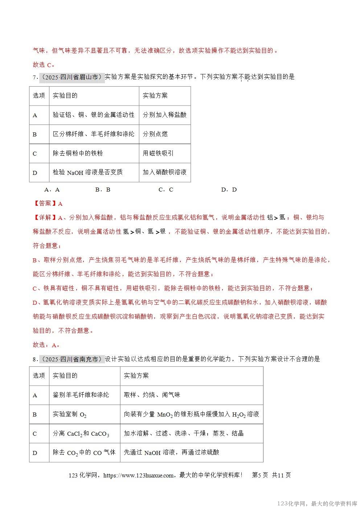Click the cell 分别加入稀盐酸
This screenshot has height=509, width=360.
coord(164,115)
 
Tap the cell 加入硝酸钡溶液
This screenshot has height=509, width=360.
coord(164,172)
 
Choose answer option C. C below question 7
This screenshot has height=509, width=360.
coord(166,189)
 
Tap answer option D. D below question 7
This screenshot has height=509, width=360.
coord(229,189)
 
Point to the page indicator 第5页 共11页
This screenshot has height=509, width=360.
coord(271,475)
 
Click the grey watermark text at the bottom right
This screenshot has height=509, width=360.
coord(317,504)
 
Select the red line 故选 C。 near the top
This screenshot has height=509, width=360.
coord(44,65)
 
